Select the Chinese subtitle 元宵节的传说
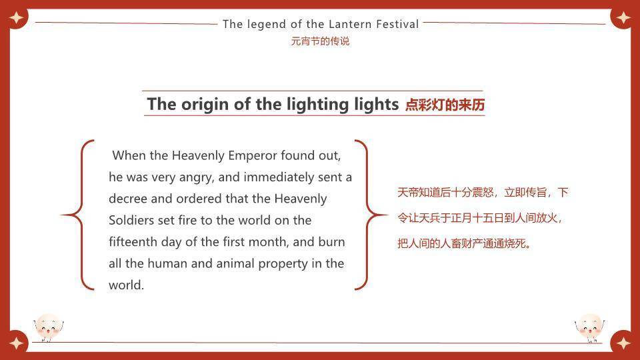[x=320, y=41]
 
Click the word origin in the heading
[x=204, y=104]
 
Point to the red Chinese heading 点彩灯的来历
[x=445, y=105]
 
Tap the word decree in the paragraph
[x=129, y=199]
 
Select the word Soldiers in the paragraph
[x=132, y=220]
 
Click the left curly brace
[x=78, y=215]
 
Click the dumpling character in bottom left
[x=48, y=327]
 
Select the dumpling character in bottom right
[x=589, y=327]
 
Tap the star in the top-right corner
[x=624, y=17]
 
